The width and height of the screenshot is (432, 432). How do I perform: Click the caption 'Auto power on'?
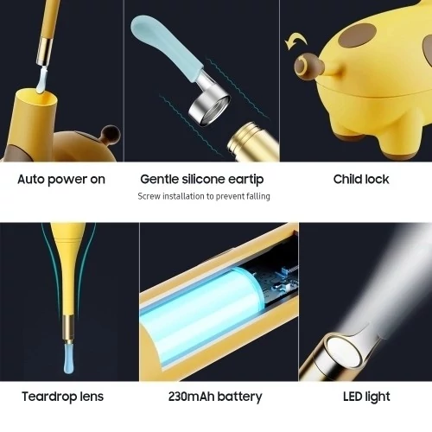[61, 180]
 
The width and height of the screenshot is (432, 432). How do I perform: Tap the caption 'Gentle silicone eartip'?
[202, 180]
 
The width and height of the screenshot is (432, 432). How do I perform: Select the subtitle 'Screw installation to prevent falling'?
[204, 196]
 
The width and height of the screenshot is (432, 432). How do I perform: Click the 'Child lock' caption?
[361, 179]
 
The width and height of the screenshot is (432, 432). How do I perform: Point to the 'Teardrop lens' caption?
[62, 397]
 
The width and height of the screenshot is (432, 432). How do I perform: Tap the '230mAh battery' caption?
[215, 397]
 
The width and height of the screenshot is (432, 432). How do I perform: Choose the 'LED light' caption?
[366, 397]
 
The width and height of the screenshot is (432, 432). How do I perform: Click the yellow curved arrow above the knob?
[295, 40]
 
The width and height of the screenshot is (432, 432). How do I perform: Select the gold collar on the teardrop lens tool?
[68, 328]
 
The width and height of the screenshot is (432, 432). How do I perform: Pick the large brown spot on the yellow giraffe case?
[358, 35]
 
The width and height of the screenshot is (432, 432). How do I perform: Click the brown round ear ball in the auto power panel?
[111, 135]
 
